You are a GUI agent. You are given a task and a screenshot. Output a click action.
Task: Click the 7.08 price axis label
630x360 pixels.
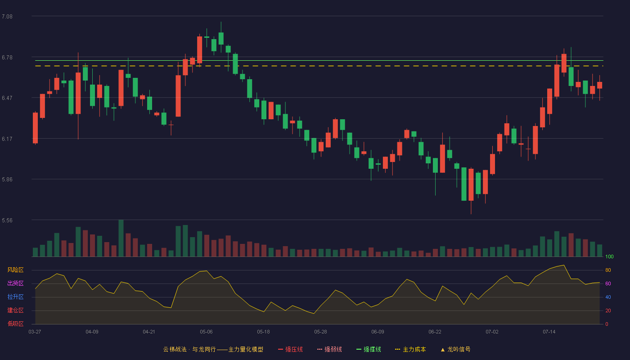[7, 17]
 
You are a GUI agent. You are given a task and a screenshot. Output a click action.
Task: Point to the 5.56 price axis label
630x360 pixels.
[7, 220]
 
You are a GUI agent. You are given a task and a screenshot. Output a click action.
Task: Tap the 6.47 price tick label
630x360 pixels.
[7, 98]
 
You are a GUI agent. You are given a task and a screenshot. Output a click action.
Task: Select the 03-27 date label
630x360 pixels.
[35, 332]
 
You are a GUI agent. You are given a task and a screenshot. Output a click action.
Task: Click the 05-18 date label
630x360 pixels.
[263, 332]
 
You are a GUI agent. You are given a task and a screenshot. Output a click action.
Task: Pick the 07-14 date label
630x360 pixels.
[549, 332]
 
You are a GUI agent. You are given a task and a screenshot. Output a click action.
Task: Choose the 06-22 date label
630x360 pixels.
[435, 332]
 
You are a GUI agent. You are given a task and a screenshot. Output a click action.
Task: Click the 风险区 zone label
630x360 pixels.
[15, 270]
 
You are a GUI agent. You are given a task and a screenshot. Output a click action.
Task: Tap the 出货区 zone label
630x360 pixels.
[15, 283]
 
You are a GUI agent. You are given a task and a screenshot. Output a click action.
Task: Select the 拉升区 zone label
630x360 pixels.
[15, 297]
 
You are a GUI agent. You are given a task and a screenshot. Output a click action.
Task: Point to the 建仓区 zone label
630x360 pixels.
[15, 310]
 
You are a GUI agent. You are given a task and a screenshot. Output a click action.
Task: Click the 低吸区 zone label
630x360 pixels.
[15, 324]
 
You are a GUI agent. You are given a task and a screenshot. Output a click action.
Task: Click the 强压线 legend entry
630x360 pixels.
[290, 349]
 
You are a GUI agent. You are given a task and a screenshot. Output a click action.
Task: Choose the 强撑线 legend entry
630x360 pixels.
[369, 349]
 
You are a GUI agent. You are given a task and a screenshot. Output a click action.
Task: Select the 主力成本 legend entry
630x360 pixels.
[410, 349]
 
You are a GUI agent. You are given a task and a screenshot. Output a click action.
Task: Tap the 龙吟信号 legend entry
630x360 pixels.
[455, 349]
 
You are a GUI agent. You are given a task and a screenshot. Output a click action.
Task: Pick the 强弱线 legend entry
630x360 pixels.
[329, 349]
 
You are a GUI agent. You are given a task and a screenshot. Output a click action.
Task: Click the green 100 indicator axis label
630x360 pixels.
[609, 256]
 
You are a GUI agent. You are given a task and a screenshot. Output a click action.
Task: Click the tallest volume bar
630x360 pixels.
[121, 238]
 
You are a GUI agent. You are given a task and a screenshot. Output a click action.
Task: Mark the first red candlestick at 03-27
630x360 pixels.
[35, 128]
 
